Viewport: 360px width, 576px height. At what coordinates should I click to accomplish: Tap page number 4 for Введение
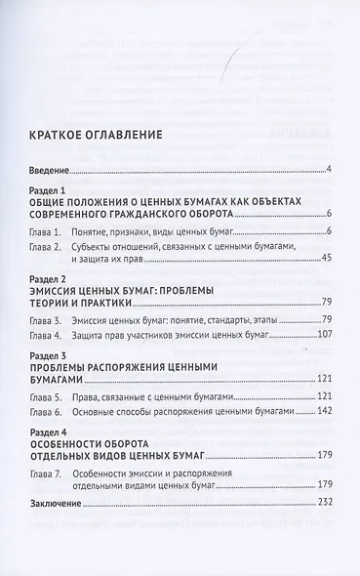330,171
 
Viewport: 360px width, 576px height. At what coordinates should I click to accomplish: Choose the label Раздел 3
49,356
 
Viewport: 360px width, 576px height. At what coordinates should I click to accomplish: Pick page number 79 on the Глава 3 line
327,320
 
